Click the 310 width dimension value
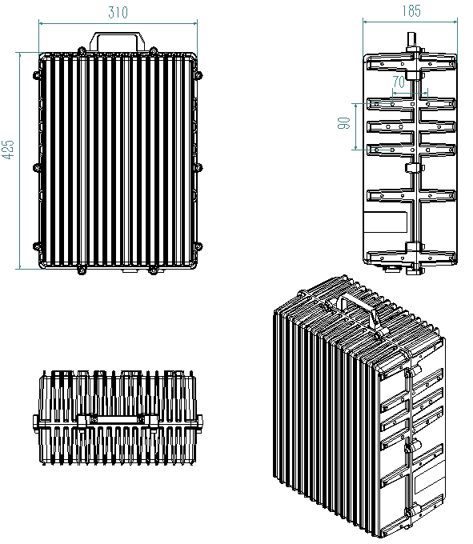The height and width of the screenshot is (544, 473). click(118, 13)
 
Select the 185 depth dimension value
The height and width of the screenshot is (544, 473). click(411, 10)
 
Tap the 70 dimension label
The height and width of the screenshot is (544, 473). click(399, 82)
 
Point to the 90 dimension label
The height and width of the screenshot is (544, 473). click(343, 123)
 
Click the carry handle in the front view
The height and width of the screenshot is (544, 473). click(118, 42)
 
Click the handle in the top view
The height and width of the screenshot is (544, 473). click(118, 420)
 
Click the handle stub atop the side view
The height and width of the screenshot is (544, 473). click(411, 42)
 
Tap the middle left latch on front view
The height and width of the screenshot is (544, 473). click(36, 168)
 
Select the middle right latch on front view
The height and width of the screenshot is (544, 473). click(199, 168)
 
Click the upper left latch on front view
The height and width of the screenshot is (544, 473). click(36, 74)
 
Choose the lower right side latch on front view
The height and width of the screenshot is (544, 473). click(199, 246)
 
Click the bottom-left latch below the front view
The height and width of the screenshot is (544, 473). click(82, 270)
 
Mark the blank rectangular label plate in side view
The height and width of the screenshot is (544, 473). click(384, 222)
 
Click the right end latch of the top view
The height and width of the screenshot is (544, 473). click(199, 421)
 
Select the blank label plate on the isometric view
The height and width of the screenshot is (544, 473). click(430, 480)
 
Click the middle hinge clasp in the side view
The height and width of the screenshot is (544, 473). click(415, 168)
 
